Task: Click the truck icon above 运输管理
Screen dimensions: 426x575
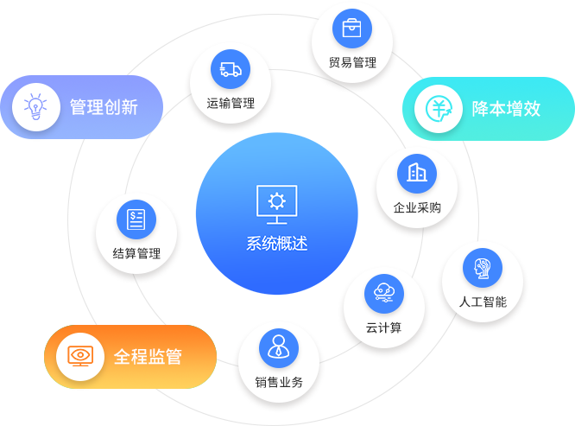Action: [231, 69]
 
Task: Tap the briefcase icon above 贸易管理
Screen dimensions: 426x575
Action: [352, 29]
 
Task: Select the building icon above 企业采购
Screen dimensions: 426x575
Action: [417, 173]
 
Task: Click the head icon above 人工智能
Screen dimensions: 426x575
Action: [483, 267]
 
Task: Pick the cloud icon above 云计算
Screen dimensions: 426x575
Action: [384, 294]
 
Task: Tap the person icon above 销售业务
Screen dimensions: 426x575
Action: [279, 347]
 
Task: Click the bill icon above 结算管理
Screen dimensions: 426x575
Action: [136, 219]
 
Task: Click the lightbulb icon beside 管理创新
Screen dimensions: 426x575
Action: [35, 108]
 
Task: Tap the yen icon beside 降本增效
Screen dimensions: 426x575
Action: [439, 109]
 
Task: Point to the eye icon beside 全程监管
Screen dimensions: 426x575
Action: [80, 356]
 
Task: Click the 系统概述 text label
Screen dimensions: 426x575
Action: [277, 244]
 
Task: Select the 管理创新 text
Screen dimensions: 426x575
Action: [104, 108]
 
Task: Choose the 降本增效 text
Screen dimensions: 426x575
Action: [506, 109]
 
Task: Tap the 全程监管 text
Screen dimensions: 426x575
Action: [148, 356]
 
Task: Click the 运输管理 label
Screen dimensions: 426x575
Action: [231, 104]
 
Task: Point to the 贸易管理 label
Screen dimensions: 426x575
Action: [352, 63]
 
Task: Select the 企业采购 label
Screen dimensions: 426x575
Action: [417, 207]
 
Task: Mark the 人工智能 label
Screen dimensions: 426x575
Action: [483, 302]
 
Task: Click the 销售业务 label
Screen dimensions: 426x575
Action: [279, 382]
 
